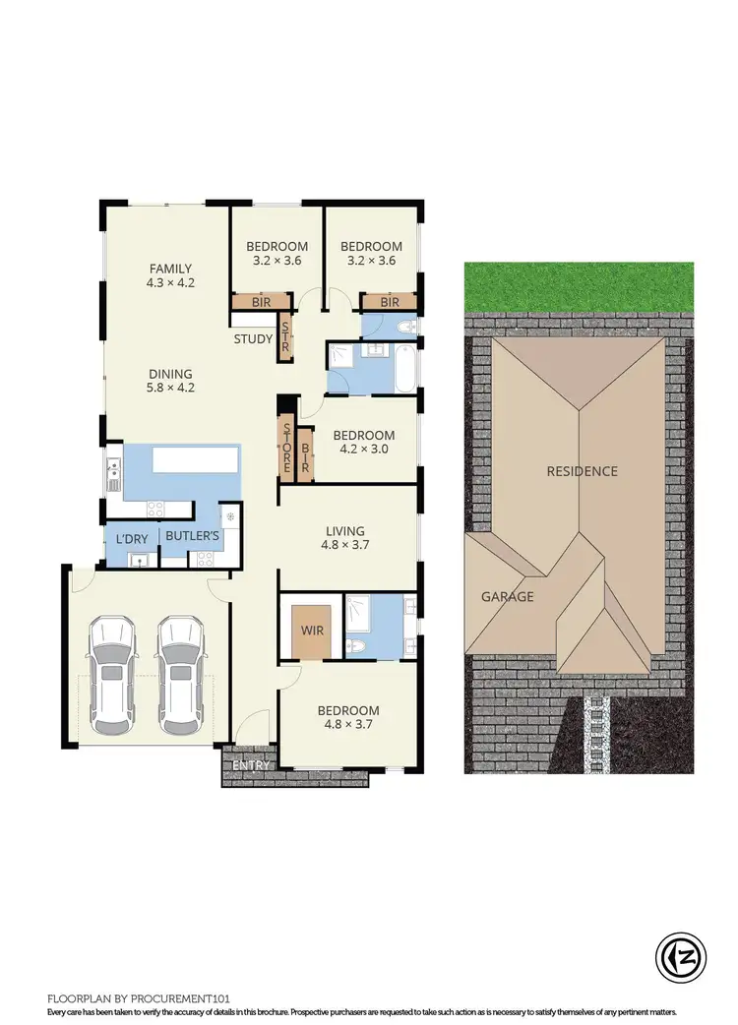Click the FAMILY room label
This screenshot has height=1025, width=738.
pos(170,269)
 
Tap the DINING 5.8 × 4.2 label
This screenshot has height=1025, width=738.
pos(170,374)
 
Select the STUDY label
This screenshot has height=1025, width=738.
pos(253,340)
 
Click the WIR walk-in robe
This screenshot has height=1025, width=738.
pos(312,629)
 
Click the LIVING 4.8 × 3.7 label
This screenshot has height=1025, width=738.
pos(344,531)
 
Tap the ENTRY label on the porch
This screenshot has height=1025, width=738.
pos(250,766)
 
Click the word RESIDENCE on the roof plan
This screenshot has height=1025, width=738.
pos(583,471)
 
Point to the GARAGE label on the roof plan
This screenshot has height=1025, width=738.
pos(507,597)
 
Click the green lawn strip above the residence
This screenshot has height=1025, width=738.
pos(580,286)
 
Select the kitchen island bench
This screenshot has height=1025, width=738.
pos(195,459)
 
